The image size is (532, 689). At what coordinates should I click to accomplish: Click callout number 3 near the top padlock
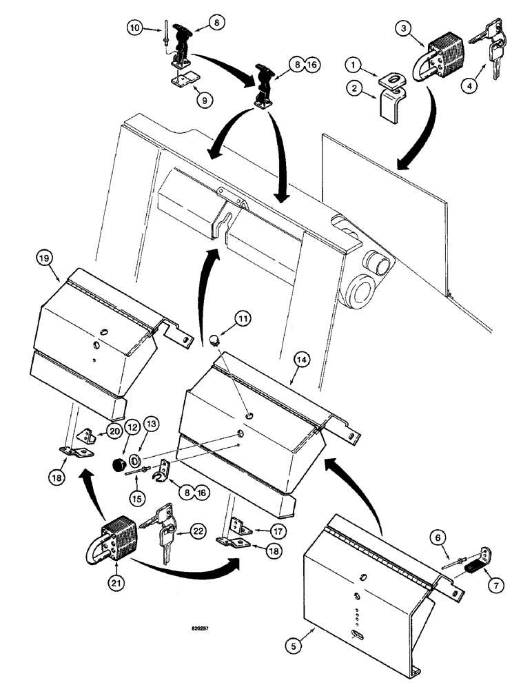[x=404, y=29]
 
